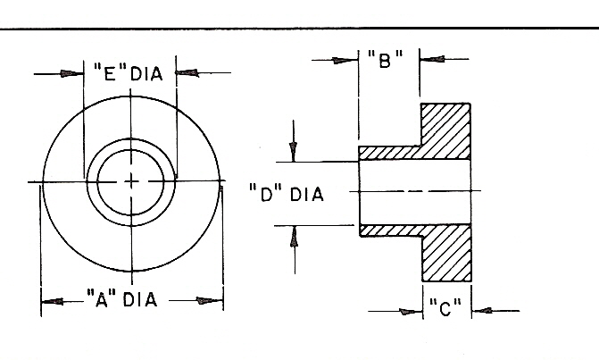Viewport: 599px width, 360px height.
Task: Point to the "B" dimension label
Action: (386, 61)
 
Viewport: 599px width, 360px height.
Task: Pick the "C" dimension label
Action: (445, 310)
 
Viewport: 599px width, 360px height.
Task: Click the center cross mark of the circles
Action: (131, 181)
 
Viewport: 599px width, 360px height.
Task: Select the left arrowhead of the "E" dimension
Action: (72, 72)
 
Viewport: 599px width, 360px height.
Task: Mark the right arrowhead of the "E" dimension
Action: (187, 72)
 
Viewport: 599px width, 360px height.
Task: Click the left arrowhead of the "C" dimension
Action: (411, 311)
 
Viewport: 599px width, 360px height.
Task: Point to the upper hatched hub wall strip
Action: (389, 154)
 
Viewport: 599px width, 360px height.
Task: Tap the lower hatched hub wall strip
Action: (389, 230)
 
